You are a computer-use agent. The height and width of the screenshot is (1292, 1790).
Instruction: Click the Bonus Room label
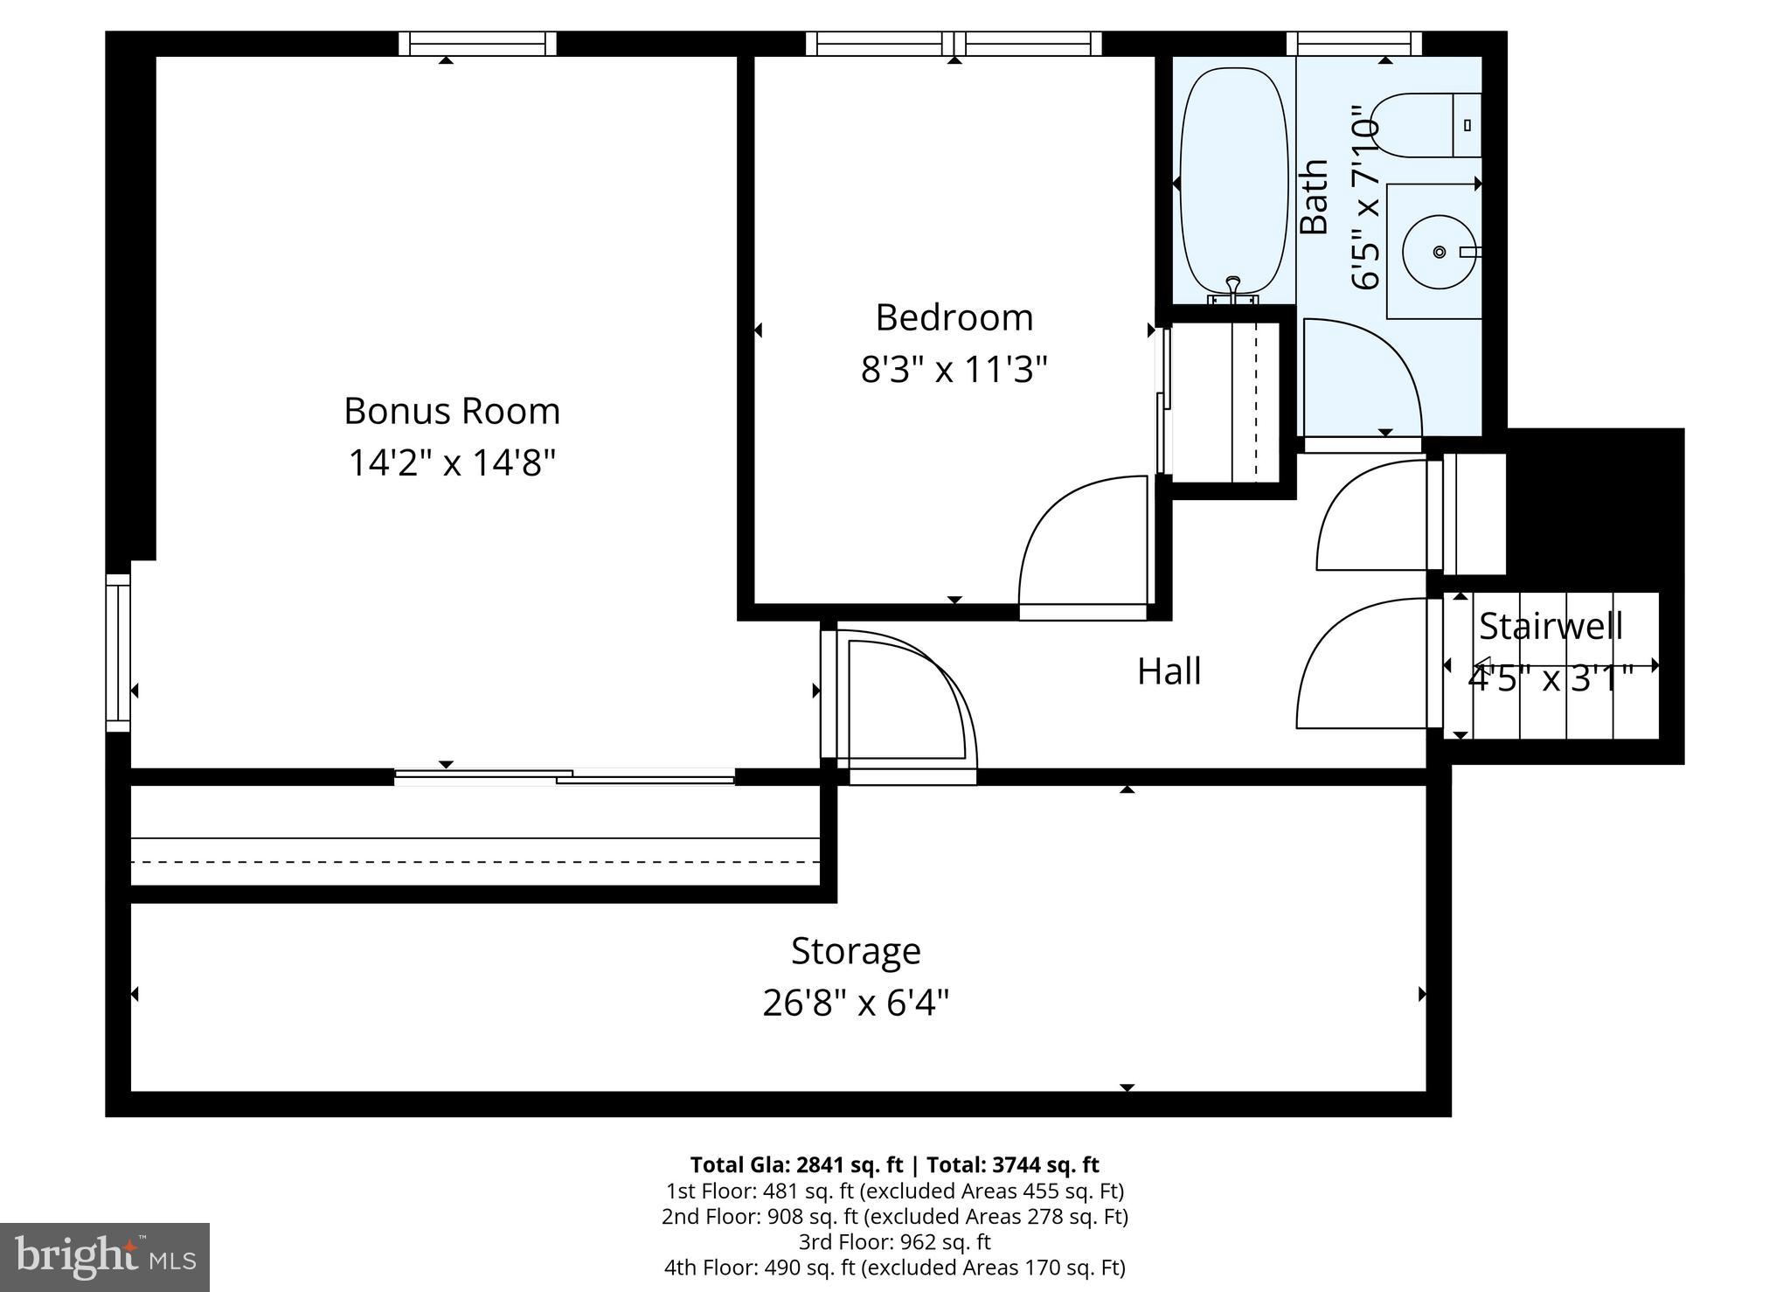click(452, 411)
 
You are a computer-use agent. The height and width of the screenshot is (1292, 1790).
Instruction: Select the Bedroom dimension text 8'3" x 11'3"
click(954, 369)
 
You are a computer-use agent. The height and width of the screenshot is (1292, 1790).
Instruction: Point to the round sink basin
click(1439, 252)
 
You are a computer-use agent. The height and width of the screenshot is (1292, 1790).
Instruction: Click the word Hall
click(1169, 671)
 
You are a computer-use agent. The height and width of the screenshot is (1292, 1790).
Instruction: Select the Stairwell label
click(1551, 626)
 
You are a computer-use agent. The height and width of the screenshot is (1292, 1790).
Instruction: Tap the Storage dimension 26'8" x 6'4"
click(856, 1003)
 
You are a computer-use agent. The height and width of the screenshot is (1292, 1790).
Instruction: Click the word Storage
click(856, 950)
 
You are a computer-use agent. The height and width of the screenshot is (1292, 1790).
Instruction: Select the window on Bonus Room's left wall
click(118, 652)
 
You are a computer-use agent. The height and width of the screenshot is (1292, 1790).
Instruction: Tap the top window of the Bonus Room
click(478, 44)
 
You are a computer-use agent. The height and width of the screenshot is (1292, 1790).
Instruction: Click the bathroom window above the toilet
click(1354, 44)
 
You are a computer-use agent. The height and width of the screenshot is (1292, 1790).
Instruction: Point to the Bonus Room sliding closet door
click(564, 776)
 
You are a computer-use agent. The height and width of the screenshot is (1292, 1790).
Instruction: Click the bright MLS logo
click(105, 1257)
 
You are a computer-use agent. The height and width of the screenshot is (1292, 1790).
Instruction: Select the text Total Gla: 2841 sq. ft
click(795, 1164)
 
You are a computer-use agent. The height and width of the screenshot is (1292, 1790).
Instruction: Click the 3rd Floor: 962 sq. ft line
click(894, 1241)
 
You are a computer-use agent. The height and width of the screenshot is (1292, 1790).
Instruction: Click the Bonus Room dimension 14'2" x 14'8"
click(452, 462)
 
